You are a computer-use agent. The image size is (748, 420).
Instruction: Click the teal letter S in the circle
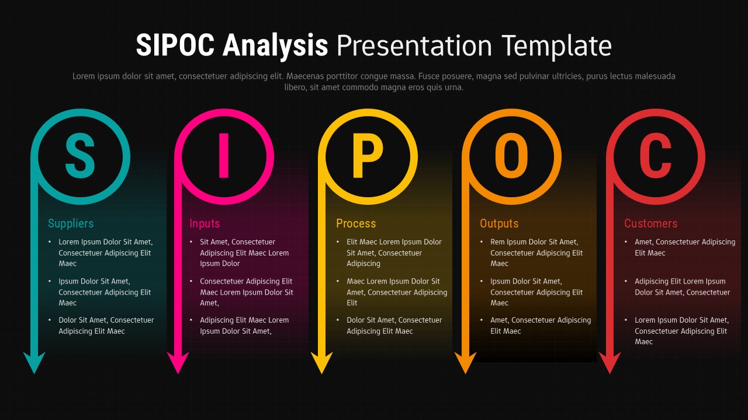[80, 156]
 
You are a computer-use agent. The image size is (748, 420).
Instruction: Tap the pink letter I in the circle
[223, 156]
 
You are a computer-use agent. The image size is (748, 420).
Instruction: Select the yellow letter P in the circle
[367, 156]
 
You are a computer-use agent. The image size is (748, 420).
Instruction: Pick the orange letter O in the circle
[511, 156]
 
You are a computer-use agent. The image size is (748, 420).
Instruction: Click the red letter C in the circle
[654, 156]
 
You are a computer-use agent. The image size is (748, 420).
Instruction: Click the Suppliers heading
[71, 223]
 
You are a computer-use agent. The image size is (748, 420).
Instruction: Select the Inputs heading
[205, 223]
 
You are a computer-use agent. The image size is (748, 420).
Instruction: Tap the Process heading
[356, 223]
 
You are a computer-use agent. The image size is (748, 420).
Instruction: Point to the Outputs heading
[499, 223]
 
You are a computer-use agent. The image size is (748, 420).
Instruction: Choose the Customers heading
[650, 223]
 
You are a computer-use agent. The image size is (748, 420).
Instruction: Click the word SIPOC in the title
[175, 45]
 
